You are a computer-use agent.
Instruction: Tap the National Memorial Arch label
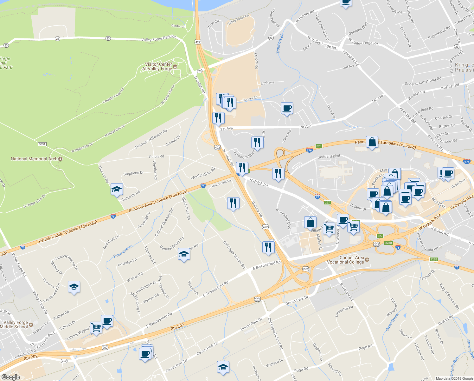[x=34, y=159]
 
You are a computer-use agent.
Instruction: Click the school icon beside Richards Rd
[x=117, y=190]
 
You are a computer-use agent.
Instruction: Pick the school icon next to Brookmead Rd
[x=74, y=287]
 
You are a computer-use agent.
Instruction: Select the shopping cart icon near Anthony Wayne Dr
[x=96, y=327]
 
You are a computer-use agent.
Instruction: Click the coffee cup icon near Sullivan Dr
[x=107, y=321]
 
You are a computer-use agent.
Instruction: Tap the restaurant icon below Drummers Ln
[x=233, y=203]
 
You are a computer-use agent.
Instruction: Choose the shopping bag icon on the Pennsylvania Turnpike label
[x=372, y=142]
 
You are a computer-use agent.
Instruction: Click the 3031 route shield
[x=42, y=144]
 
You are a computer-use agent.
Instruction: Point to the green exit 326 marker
[x=319, y=146]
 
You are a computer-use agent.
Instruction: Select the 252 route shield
[x=64, y=361]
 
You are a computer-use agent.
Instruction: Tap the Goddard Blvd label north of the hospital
[x=329, y=156]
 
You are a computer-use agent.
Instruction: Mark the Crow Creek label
[x=392, y=322]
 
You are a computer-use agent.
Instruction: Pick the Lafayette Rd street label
[x=344, y=311]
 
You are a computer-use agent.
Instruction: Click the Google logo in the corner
[x=10, y=377]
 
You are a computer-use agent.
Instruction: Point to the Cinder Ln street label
[x=178, y=26]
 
